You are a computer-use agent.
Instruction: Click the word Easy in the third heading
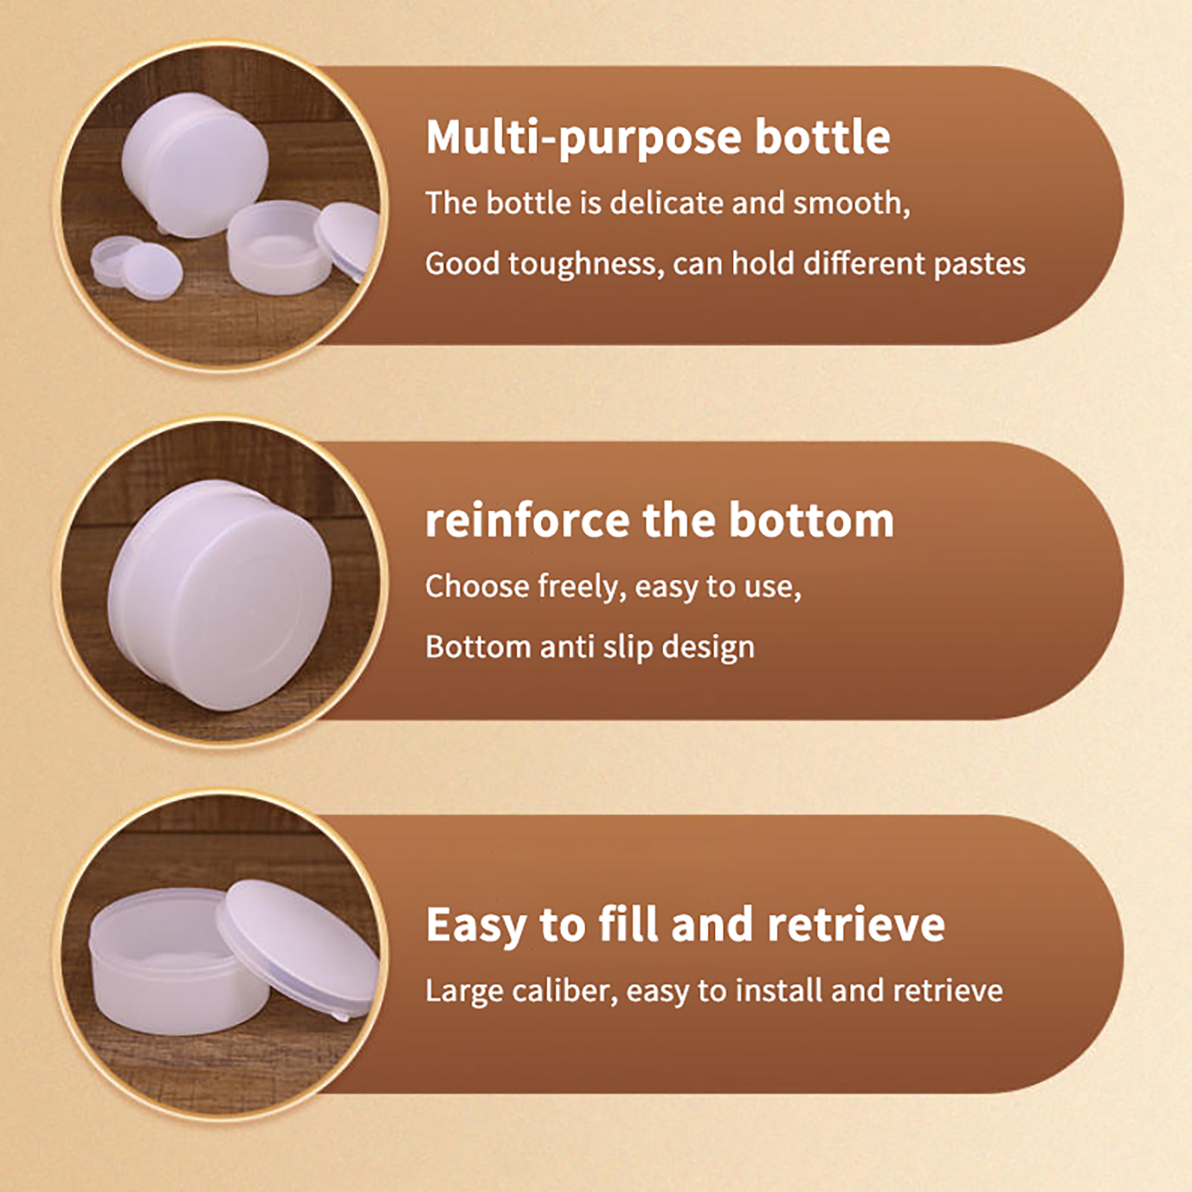click(x=478, y=926)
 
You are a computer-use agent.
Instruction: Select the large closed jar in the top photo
click(x=195, y=164)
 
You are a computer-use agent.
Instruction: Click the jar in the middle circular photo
click(x=220, y=596)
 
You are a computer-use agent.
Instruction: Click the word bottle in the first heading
click(x=822, y=138)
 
